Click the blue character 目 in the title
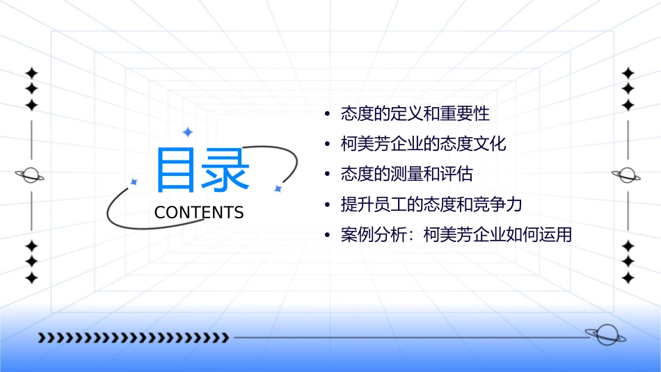coord(177,170)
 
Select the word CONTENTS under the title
coord(199,213)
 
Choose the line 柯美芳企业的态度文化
coord(423,144)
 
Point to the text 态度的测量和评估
coord(406,174)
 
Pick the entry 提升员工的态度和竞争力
coord(431,204)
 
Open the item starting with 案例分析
coord(456,235)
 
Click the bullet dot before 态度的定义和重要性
coord(326,113)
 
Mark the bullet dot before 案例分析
coord(326,236)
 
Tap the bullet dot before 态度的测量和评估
coord(326,175)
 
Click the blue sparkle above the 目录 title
coord(186,131)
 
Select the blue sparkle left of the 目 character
coord(134,181)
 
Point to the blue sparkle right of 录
coord(277,188)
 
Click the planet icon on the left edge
coord(31,175)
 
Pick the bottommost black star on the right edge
coord(628,277)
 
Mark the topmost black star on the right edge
coord(628,72)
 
